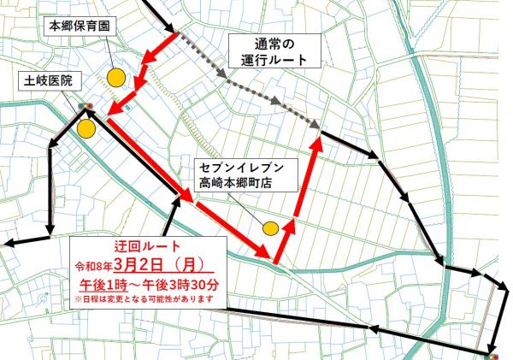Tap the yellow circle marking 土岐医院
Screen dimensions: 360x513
85,129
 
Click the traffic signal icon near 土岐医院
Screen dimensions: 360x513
85,107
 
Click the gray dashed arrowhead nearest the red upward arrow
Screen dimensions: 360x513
318,122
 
